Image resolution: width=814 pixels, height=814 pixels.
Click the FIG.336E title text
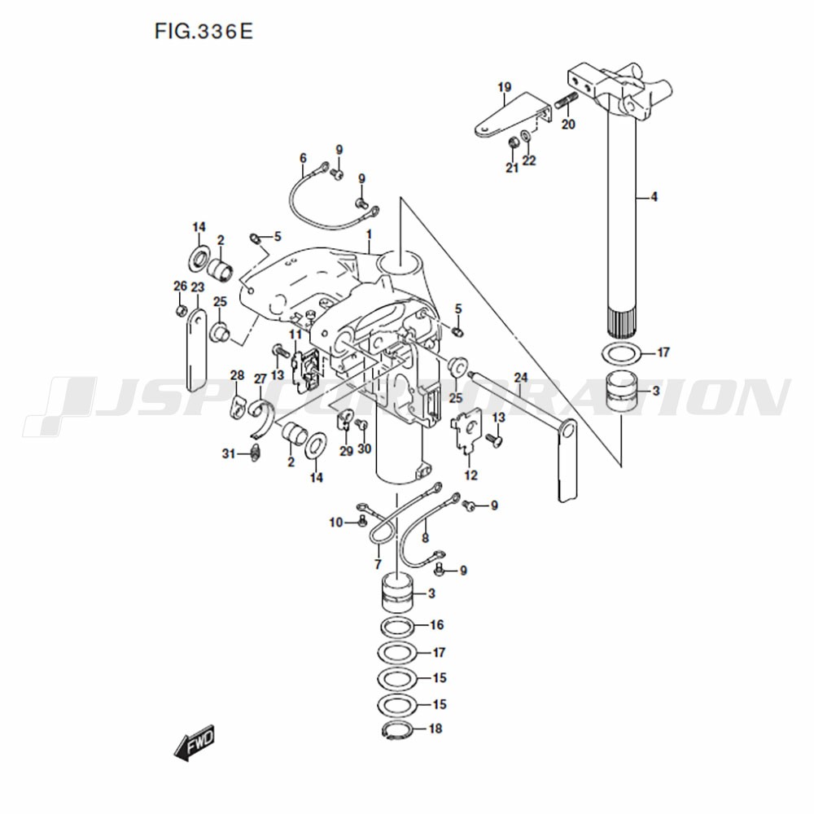(203, 31)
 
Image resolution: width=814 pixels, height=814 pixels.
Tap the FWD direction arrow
(195, 743)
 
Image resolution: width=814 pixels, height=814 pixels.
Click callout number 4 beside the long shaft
(654, 197)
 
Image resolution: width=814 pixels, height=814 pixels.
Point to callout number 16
(437, 624)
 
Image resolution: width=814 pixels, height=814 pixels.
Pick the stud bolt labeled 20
(566, 101)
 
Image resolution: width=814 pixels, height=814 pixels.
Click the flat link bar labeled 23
(195, 350)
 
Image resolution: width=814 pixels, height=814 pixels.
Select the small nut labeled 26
(181, 310)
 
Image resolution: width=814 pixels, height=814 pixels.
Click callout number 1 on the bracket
(369, 235)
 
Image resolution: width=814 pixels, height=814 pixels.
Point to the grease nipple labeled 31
(255, 453)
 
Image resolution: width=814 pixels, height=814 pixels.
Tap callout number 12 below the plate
(471, 475)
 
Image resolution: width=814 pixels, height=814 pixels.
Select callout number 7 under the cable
(378, 564)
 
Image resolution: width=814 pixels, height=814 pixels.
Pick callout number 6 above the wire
(303, 159)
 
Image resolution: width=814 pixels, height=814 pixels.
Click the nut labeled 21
(512, 142)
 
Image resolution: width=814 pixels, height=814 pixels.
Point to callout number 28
(237, 375)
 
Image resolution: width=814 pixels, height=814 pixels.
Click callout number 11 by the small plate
(295, 334)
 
